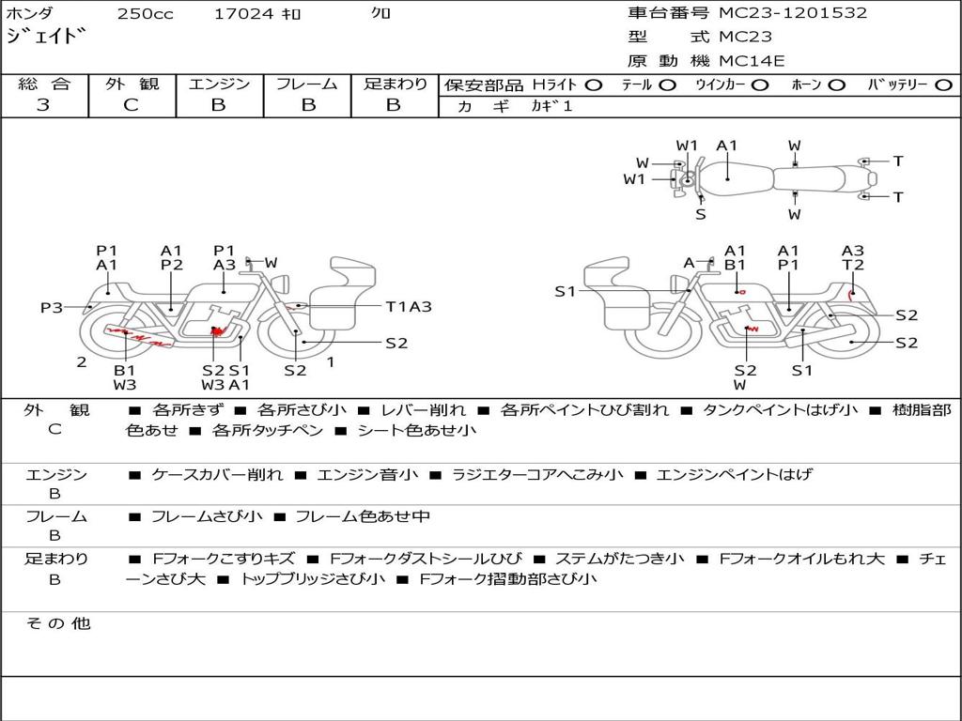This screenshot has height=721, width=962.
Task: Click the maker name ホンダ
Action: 30,13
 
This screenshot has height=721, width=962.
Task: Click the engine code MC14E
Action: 752,62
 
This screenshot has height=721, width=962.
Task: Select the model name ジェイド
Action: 53,38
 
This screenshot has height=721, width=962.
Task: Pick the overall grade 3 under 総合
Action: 43,105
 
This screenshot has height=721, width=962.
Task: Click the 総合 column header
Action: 44,84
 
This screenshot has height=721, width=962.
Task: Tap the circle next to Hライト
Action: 593,85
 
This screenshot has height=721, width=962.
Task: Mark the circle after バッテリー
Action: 943,85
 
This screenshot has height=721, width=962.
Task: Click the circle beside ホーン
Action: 836,85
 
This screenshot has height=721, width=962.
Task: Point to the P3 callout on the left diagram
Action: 51,308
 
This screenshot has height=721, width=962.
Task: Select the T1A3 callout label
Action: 409,306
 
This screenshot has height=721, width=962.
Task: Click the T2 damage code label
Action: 852,266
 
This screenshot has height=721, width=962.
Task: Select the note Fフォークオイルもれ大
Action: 801,559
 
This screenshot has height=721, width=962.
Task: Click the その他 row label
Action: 57,623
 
